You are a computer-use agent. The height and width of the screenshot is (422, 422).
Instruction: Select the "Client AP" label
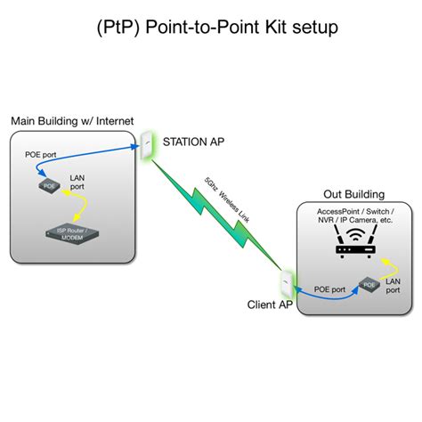(270, 305)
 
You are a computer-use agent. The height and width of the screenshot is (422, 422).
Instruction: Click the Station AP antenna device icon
(146, 142)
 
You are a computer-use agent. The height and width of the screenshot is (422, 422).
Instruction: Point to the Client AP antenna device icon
(286, 282)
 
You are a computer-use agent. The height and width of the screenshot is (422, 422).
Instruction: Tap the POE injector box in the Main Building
(49, 186)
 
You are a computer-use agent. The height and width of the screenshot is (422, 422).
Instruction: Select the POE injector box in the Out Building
(368, 285)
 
